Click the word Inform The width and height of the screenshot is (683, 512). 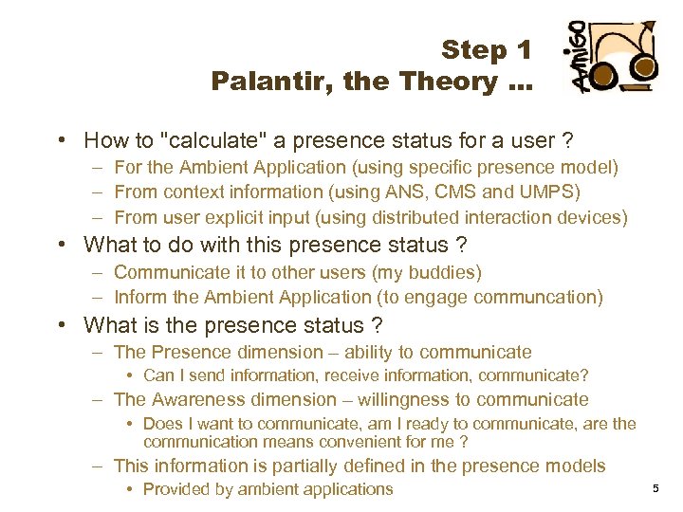(140, 297)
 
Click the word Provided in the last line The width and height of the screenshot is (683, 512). (176, 489)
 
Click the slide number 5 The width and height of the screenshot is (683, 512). (655, 488)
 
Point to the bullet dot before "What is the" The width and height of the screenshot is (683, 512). (61, 326)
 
